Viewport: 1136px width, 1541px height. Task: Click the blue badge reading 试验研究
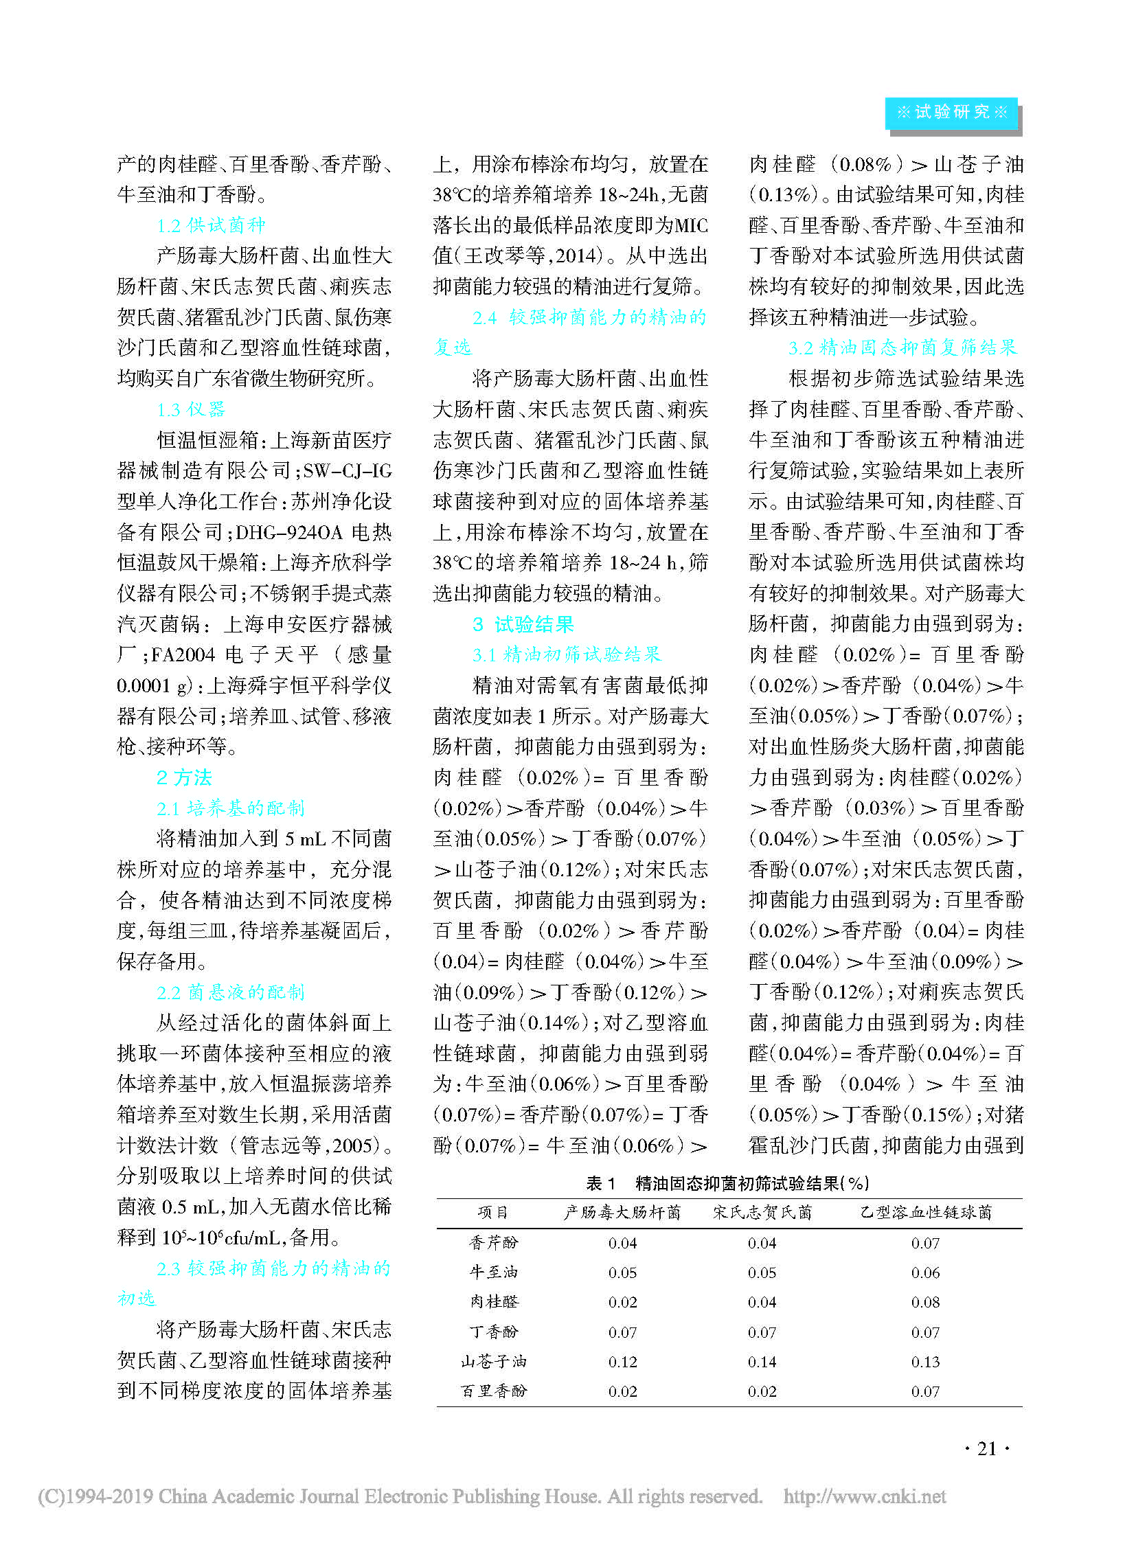tap(951, 112)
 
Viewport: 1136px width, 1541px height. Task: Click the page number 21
tap(986, 1448)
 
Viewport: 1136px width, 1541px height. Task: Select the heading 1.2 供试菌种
tap(210, 225)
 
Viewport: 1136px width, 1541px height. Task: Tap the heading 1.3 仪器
tap(190, 409)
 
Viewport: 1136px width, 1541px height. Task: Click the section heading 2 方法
tap(183, 777)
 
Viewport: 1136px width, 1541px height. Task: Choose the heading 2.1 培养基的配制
tap(230, 808)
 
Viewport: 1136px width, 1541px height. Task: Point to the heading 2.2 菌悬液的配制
tap(230, 992)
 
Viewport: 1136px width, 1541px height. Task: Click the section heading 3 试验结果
tap(523, 624)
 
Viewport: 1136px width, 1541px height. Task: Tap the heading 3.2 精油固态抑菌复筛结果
tap(902, 347)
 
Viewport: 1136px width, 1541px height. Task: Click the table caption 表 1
tap(600, 1183)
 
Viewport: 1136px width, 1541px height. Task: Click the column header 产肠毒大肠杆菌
tap(622, 1212)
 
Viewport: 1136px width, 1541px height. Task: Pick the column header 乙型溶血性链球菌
tap(926, 1212)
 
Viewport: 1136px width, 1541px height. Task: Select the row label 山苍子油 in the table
tap(493, 1362)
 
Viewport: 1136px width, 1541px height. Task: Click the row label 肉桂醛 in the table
tap(493, 1302)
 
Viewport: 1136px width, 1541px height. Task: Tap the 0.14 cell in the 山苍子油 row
tap(762, 1362)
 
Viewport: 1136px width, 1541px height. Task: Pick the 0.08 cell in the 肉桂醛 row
tap(925, 1302)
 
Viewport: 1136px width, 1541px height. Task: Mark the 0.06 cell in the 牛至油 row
tap(925, 1272)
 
